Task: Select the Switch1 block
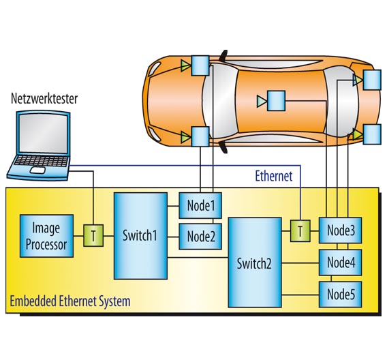pos(140,236)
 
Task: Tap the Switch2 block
pos(255,262)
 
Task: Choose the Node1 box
pos(200,203)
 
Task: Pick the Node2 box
pos(200,237)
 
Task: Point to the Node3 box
pos(341,231)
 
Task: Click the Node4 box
pos(341,262)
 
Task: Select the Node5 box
pos(341,295)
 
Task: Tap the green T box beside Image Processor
pos(92,236)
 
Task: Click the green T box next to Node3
pos(299,231)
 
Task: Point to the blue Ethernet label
pos(273,177)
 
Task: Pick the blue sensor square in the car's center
pos(276,101)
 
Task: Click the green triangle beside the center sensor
pos(261,102)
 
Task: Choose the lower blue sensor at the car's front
pos(200,137)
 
